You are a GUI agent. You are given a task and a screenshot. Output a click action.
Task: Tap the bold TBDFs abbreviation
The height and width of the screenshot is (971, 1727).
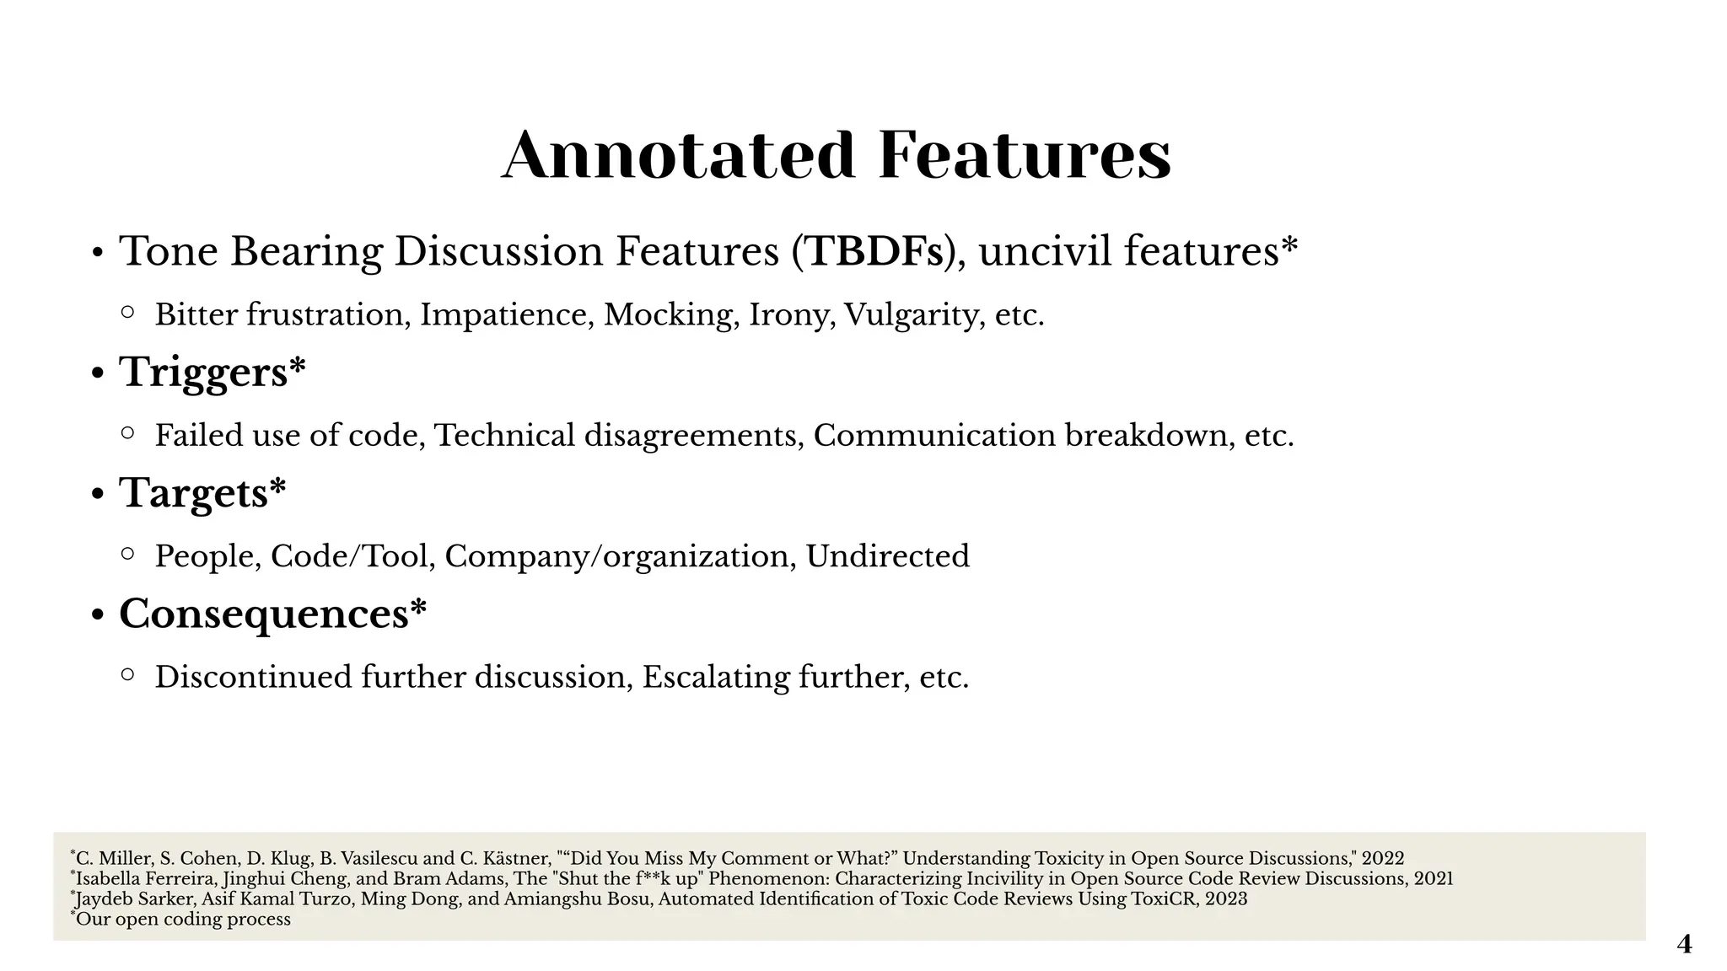point(874,251)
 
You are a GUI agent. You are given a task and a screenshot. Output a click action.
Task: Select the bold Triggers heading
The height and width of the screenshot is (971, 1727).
point(203,373)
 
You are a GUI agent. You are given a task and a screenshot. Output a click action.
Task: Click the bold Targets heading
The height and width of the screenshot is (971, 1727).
point(193,493)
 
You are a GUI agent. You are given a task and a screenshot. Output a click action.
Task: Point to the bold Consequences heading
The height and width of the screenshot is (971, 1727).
point(264,614)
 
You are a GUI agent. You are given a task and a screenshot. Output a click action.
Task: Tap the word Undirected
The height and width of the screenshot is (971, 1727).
point(887,556)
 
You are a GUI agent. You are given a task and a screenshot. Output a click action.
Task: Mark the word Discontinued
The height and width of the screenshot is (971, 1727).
point(253,677)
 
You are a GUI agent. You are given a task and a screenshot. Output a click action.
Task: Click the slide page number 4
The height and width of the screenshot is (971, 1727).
point(1684,944)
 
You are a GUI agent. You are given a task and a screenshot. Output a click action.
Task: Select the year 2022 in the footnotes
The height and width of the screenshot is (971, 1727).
point(1383,859)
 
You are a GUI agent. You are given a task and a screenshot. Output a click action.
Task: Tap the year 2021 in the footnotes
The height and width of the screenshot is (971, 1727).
point(1433,879)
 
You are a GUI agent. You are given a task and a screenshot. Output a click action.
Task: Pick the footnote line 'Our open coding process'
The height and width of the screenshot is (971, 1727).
point(183,920)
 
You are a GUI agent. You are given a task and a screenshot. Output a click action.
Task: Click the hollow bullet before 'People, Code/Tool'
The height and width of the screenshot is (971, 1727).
point(127,554)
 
